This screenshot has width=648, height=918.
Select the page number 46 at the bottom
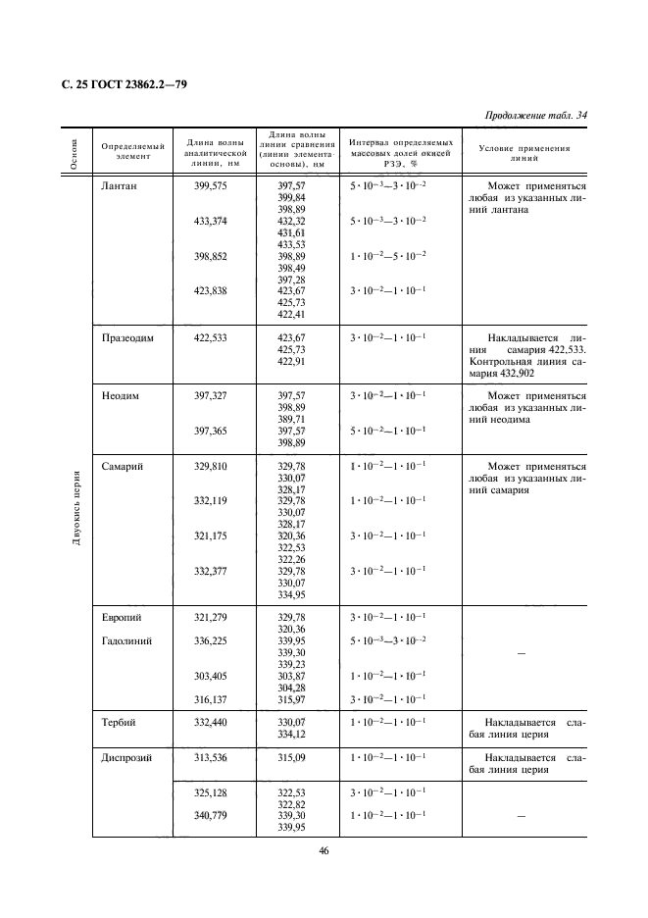tap(324, 850)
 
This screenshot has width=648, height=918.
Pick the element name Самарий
tap(122, 467)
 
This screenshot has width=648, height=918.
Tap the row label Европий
tap(121, 618)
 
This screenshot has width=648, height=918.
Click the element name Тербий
tap(119, 722)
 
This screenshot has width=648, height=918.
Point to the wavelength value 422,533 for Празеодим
tap(211, 337)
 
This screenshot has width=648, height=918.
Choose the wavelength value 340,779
tap(211, 816)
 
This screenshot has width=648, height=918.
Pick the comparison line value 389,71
tap(291, 419)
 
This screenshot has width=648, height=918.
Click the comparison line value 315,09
tap(291, 758)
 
